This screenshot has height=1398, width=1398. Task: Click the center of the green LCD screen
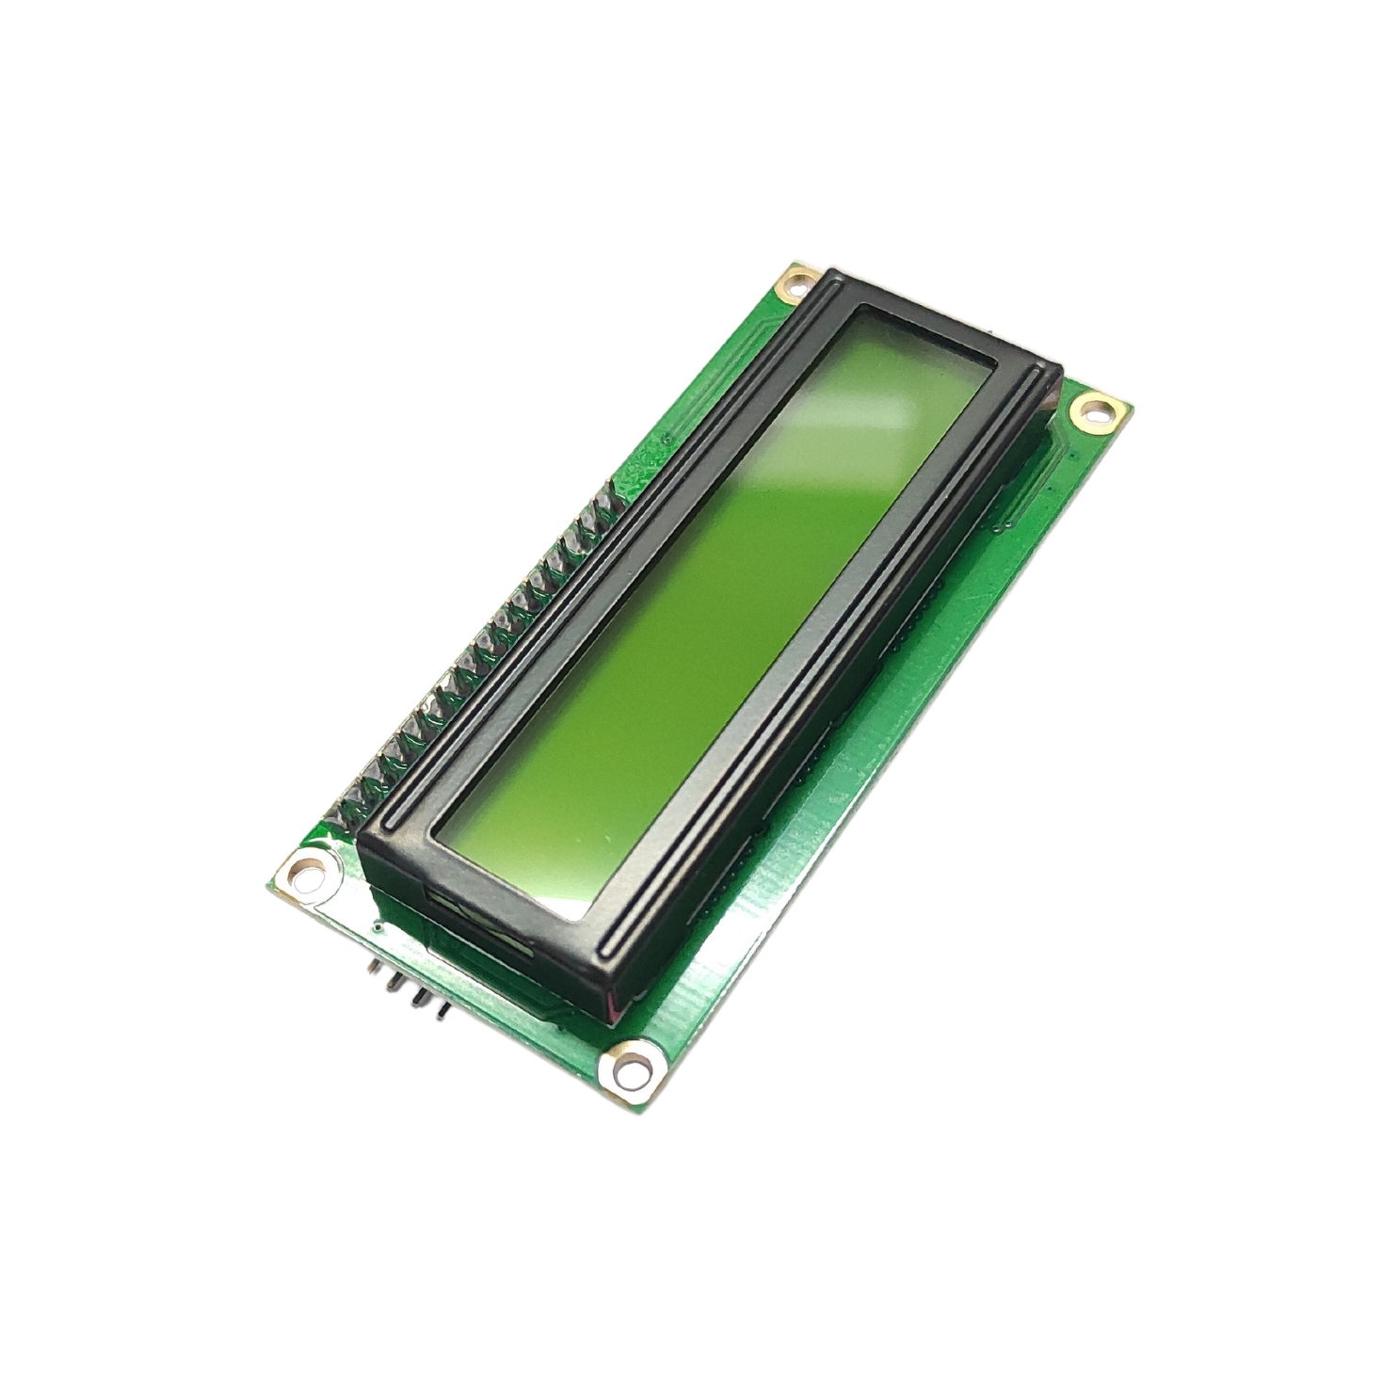(715, 612)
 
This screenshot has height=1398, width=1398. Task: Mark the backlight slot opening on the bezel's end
(480, 927)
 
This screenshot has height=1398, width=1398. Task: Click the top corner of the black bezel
(833, 274)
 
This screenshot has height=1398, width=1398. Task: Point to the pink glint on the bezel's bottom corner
(612, 1012)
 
